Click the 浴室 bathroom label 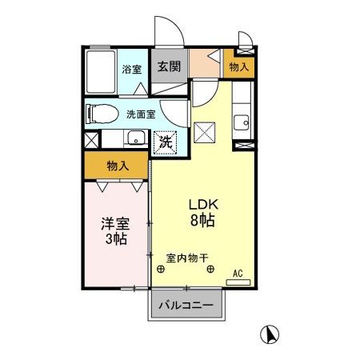click(132, 70)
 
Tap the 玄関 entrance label click(167, 67)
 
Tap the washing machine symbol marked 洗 click(165, 142)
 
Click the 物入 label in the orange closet click(118, 167)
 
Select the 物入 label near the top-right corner click(238, 67)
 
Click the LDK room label click(203, 203)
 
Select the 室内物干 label click(186, 258)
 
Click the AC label click(238, 274)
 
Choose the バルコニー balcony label click(185, 306)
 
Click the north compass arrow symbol click(271, 334)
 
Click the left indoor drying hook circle click(162, 270)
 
